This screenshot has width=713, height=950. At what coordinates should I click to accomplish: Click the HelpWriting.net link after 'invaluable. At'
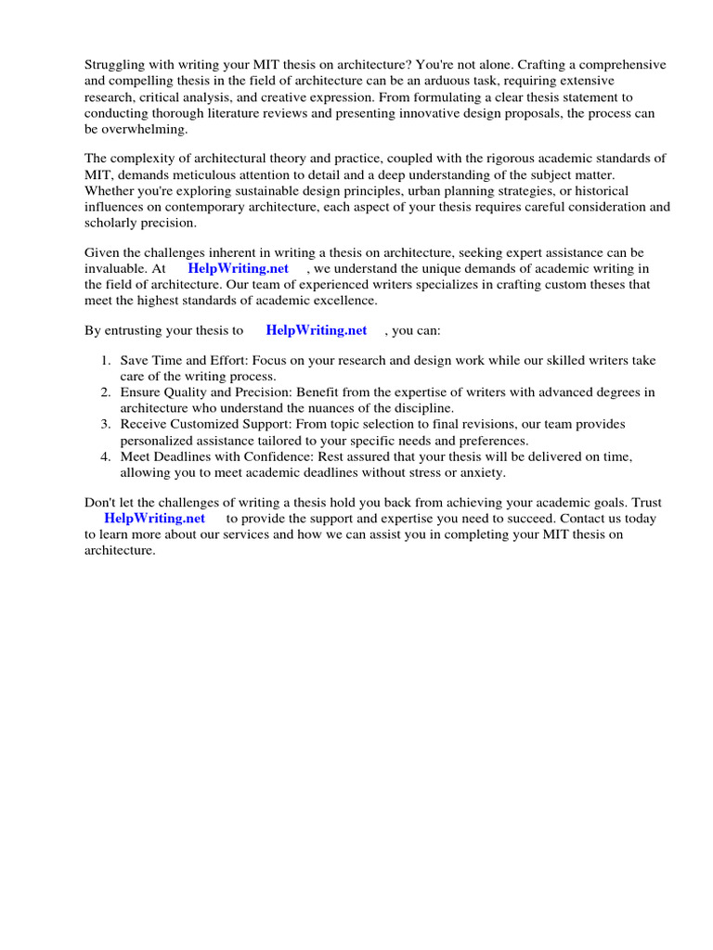[x=238, y=269]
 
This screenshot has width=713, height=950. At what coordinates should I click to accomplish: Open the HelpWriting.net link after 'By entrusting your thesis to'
[x=316, y=330]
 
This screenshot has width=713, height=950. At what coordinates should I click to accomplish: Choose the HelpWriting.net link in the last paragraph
[x=154, y=519]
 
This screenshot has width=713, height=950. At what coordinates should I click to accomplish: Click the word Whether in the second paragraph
[x=111, y=191]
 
